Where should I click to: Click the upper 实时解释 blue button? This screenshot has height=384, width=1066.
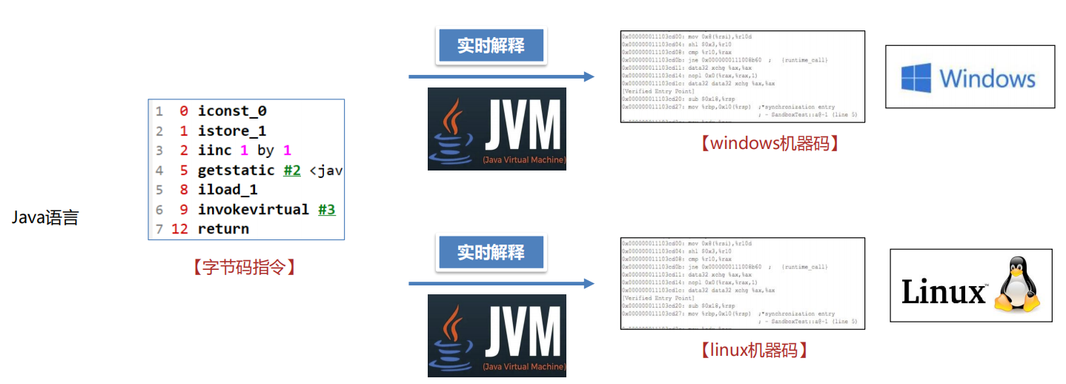pos(490,46)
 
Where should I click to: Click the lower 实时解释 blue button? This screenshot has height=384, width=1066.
pos(490,253)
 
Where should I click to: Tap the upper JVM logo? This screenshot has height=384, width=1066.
pos(497,128)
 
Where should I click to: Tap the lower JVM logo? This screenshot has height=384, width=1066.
pos(497,335)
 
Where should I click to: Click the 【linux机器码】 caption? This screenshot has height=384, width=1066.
pos(753,349)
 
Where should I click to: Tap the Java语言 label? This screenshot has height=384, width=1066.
pos(45,218)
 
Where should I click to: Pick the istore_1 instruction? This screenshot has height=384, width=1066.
pos(232,131)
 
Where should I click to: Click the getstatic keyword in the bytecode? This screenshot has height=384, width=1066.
pos(237,171)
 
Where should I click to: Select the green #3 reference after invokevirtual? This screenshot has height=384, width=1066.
pos(327,210)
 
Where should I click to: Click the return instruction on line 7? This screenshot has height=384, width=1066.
pos(223,229)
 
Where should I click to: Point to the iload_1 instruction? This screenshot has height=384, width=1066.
pos(228,190)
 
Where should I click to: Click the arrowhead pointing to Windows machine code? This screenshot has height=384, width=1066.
pos(589,76)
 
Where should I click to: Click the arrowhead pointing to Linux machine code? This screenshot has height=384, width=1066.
pos(589,283)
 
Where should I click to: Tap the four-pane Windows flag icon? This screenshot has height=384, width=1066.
pos(916,78)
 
